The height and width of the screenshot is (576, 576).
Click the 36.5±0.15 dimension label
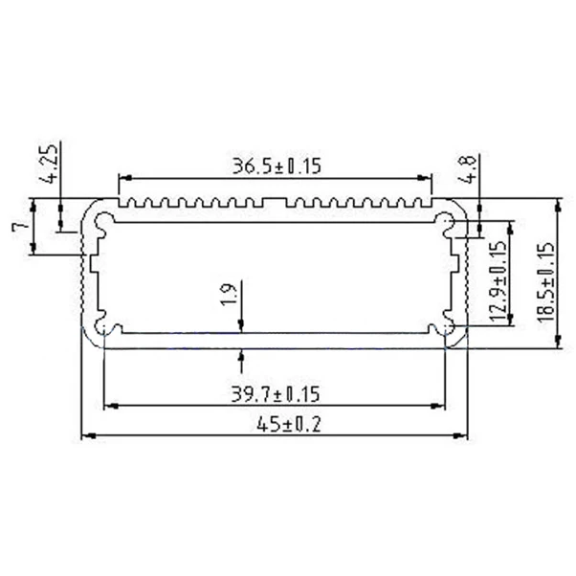(275, 166)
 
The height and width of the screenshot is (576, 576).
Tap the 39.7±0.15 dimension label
(275, 393)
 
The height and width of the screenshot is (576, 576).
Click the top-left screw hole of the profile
(102, 224)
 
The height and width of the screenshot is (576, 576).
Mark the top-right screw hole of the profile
(447, 224)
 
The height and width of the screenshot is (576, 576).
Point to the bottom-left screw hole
(102, 329)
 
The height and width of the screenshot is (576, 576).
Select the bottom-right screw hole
(447, 329)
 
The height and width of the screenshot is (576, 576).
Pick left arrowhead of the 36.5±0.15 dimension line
(122, 178)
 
